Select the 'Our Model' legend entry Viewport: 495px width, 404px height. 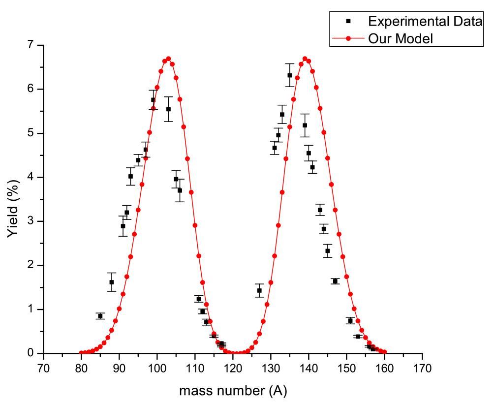pyautogui.click(x=401, y=38)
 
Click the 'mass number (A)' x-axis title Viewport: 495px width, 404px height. pyautogui.click(x=233, y=391)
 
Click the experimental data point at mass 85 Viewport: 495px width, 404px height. pyautogui.click(x=100, y=316)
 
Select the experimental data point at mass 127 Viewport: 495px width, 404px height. pyautogui.click(x=259, y=290)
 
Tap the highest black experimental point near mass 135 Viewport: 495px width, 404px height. pyautogui.click(x=290, y=75)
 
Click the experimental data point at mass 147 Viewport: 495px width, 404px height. pyautogui.click(x=335, y=281)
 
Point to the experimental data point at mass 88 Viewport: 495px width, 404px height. pyautogui.click(x=112, y=282)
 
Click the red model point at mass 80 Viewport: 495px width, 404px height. pyautogui.click(x=81, y=353)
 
